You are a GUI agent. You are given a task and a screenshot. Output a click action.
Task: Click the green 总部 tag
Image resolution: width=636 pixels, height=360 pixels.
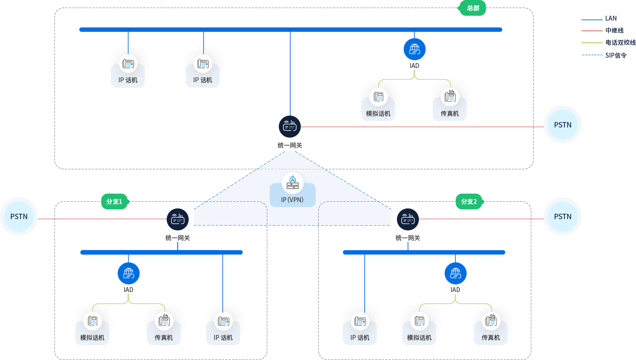[472, 8]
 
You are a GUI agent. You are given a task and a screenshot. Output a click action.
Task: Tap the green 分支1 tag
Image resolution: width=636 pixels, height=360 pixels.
[114, 202]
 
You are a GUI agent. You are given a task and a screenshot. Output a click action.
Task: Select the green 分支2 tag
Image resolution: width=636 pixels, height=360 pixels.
[469, 202]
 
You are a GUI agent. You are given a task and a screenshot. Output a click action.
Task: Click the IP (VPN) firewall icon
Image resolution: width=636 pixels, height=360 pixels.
[293, 183]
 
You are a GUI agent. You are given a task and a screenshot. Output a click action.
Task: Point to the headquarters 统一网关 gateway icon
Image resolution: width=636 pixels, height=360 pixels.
[290, 127]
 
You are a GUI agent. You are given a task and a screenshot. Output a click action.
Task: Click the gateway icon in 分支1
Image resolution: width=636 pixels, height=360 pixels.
[178, 219]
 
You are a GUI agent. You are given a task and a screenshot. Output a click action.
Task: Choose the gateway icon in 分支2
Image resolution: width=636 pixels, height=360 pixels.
[408, 219]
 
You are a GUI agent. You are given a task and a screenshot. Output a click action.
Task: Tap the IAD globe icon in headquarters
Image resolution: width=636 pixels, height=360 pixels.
[414, 49]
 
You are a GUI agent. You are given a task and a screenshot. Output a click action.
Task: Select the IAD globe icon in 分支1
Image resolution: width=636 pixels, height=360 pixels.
[129, 273]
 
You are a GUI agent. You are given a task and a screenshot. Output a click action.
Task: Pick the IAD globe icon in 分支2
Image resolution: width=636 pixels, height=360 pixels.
[455, 273]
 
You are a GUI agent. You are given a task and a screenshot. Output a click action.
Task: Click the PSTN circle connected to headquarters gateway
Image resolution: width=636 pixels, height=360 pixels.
[563, 125]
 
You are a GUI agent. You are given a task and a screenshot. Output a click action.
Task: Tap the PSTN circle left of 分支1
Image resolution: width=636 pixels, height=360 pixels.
[19, 216]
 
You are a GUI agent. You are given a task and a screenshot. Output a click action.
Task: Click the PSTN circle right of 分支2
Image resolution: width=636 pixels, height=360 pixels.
[563, 216]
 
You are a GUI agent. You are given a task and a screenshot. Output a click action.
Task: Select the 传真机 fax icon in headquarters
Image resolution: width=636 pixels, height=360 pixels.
[450, 96]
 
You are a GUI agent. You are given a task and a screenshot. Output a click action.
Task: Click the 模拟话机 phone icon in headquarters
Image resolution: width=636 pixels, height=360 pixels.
[379, 96]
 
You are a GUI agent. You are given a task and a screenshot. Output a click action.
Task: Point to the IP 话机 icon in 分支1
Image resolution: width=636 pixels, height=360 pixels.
[223, 321]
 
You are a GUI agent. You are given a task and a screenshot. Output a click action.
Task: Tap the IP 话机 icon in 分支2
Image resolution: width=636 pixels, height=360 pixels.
[360, 321]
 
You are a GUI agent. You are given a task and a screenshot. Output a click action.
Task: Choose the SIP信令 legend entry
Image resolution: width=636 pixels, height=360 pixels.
[616, 55]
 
